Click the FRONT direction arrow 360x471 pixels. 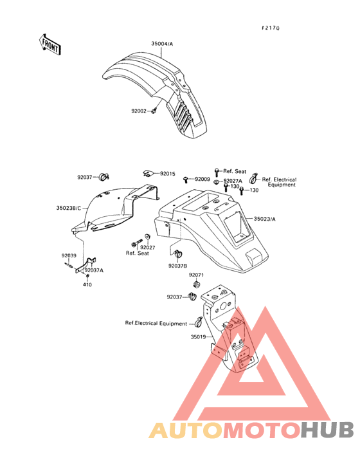point(50,44)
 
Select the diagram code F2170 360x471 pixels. point(270,28)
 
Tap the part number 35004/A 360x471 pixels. point(162,44)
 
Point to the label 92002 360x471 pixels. point(139,111)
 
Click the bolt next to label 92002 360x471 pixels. point(154,111)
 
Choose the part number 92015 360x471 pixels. point(167,174)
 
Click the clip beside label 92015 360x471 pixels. point(148,173)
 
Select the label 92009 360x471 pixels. point(203,179)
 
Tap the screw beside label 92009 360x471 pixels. point(186,180)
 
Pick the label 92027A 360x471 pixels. point(233,181)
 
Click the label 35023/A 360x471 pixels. point(265,219)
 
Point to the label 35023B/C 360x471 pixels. point(69,208)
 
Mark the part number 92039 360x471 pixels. point(69,255)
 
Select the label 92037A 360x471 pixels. point(94,270)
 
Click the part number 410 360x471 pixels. point(87,284)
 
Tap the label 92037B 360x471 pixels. point(177,266)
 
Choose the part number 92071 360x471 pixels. point(196,275)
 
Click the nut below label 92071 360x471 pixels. point(197,284)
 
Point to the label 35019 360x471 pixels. point(198,337)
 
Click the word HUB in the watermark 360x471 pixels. point(327,430)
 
